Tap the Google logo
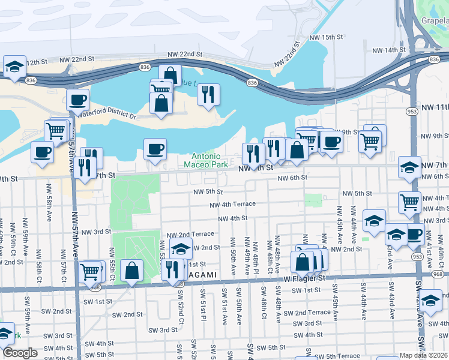20,353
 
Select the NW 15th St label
325,37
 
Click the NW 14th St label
390,50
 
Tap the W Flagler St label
304,278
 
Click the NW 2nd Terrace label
190,234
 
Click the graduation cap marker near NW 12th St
15,66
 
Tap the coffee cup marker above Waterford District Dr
77,100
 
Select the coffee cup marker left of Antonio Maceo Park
155,148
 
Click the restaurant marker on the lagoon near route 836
208,94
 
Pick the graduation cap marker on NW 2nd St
181,248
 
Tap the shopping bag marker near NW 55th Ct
131,271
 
